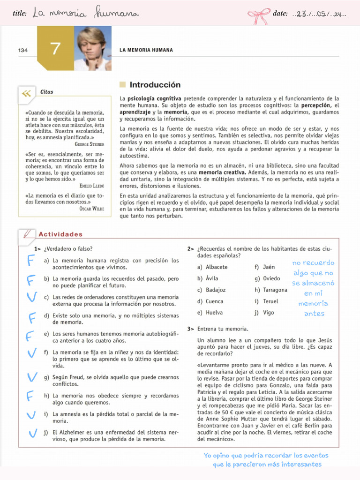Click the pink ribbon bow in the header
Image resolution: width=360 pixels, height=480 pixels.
click(258, 16)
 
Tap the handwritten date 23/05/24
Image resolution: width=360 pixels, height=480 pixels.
click(319, 14)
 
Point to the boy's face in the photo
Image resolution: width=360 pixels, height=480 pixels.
click(91, 45)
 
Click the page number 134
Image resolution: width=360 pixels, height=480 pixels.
click(23, 50)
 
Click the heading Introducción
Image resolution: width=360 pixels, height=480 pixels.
click(155, 85)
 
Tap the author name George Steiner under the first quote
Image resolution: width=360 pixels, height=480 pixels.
click(89, 144)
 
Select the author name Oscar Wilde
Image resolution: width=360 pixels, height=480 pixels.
click(92, 209)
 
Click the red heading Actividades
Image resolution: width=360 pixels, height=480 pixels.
click(60, 234)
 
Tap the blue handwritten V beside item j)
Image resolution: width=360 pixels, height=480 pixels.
click(32, 434)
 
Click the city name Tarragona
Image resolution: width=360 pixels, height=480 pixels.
click(275, 290)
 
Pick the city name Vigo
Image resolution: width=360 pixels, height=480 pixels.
click(269, 313)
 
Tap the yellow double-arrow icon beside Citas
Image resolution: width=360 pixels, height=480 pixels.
click(26, 93)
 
